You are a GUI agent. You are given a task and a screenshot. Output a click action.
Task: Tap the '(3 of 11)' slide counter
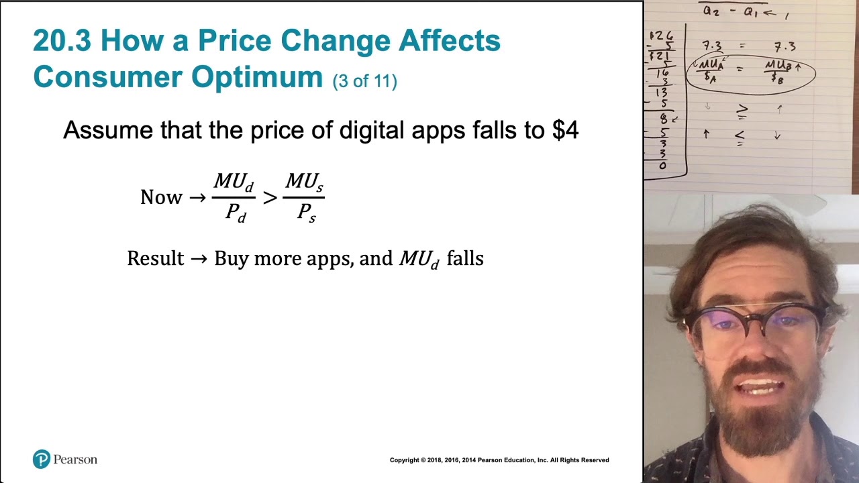click(365, 81)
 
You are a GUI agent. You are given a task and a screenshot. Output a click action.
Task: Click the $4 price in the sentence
click(565, 130)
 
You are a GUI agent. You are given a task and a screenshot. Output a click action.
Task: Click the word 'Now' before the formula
click(161, 197)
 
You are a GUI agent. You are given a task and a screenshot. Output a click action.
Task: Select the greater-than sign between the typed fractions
click(269, 197)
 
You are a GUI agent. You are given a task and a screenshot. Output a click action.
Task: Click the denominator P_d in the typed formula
click(235, 213)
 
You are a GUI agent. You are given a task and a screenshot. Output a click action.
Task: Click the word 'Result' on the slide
click(155, 259)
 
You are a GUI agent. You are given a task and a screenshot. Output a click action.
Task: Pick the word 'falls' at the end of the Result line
click(464, 259)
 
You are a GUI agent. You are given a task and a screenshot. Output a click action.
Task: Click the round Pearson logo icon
click(42, 460)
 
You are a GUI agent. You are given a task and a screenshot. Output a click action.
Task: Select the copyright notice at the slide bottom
click(499, 460)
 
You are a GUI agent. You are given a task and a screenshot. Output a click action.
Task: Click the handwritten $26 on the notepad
click(662, 36)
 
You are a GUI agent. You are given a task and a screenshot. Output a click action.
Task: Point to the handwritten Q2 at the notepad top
click(711, 11)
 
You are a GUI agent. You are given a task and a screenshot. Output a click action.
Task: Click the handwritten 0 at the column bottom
click(663, 166)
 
